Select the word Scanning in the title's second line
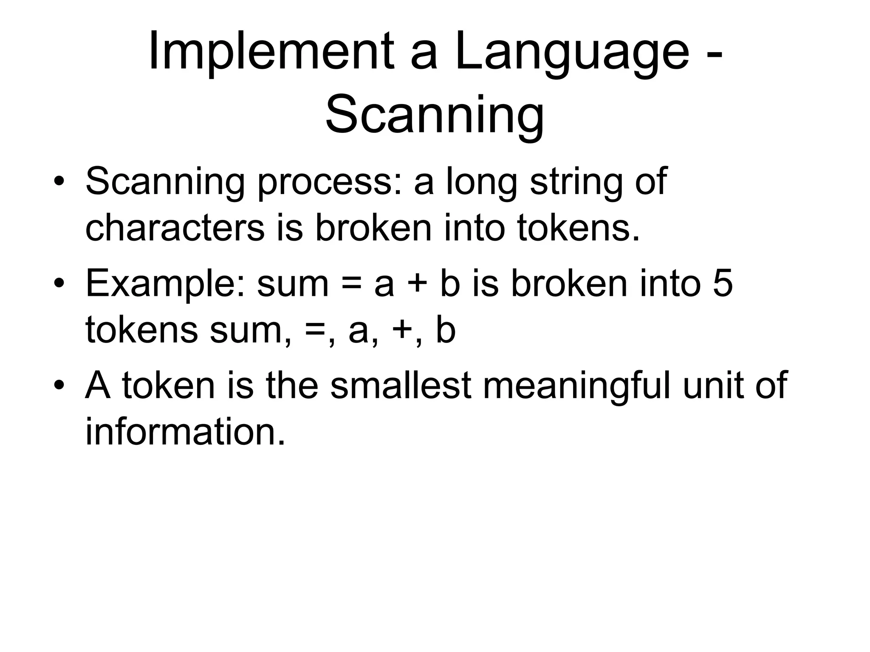[x=434, y=115]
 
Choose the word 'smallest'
[x=401, y=385]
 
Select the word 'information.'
[x=185, y=432]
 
